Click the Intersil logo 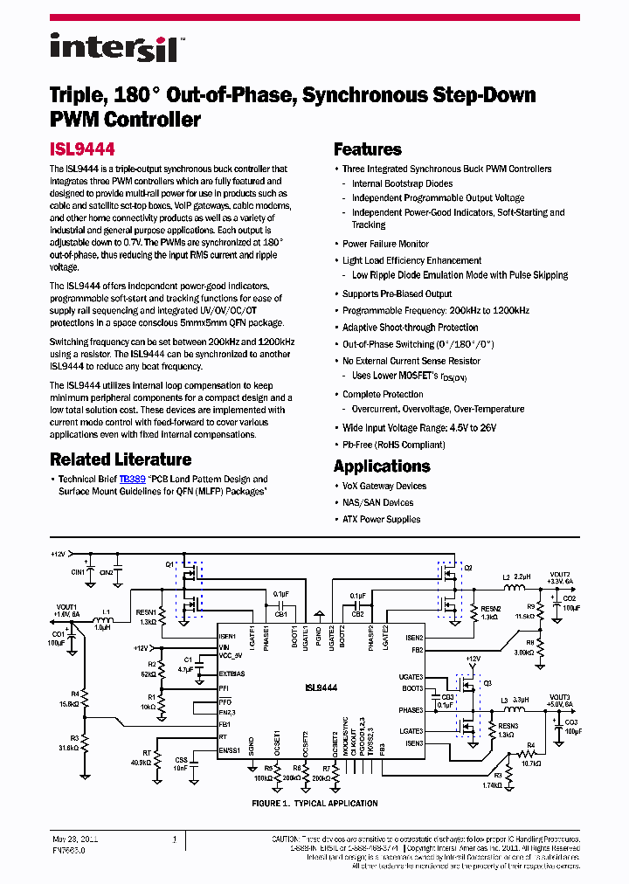coord(114,47)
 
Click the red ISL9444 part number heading coord(82,149)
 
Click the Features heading coord(367,149)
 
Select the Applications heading coord(382,466)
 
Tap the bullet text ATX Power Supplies coord(381,519)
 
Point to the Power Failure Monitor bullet coord(385,244)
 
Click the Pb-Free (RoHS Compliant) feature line coord(393,445)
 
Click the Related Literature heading coord(121,459)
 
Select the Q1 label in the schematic coord(169,565)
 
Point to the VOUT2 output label coord(560,575)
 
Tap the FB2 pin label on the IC coord(417,649)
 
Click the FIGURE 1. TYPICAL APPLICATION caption coord(314,804)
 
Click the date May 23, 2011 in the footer coord(75,839)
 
